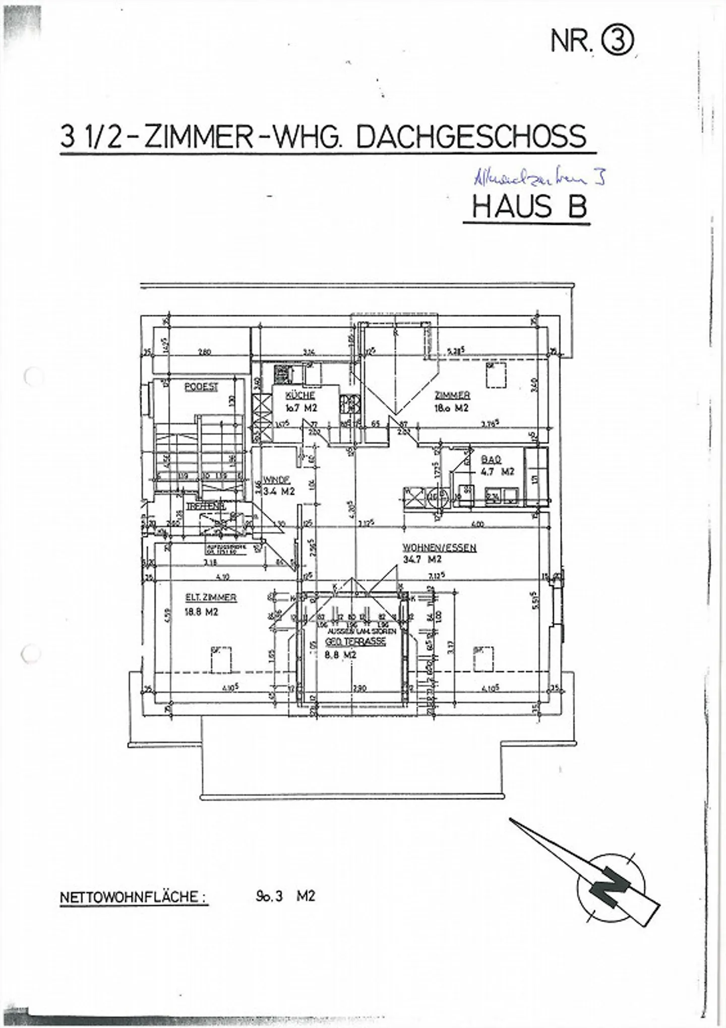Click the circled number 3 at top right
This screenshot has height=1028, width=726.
point(617,41)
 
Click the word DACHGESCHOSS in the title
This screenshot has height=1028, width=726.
point(471,137)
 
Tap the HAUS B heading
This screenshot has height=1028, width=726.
point(529,207)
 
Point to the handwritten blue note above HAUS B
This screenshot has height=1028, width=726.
point(538,178)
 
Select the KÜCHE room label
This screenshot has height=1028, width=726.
point(300,395)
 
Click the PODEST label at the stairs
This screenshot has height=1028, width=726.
point(201,387)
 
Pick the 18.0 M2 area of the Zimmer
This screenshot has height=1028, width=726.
point(451,408)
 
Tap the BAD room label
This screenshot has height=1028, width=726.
point(491,460)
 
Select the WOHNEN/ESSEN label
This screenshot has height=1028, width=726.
point(439,548)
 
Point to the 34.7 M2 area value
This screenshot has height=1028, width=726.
point(422,559)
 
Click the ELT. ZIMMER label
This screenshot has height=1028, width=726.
point(211,597)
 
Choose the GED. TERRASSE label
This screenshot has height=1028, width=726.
point(355,642)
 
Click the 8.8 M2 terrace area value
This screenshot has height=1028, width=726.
point(341,655)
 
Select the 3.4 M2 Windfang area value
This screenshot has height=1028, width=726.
point(279,492)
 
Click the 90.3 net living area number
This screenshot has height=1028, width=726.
point(269,896)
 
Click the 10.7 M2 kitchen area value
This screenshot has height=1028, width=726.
point(301,408)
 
